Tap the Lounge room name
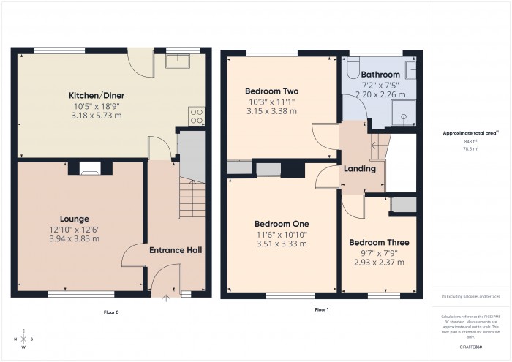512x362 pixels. [75, 218]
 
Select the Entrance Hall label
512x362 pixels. [176, 250]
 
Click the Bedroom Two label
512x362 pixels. [271, 91]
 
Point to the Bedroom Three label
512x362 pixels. [378, 242]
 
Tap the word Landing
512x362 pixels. [360, 169]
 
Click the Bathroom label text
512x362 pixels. [380, 75]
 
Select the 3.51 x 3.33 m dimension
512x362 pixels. [281, 245]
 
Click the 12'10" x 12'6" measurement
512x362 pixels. [75, 228]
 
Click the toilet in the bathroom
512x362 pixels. [351, 69]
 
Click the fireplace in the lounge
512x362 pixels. [90, 170]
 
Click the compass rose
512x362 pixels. [25, 339]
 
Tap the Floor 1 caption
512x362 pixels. [321, 310]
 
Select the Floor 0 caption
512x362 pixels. [111, 312]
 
